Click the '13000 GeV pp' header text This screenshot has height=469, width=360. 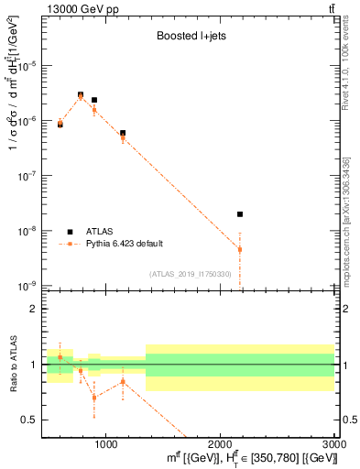coord(73,8)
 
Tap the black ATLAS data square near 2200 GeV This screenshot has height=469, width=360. coord(240,214)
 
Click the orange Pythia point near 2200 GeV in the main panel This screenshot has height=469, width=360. coord(240,249)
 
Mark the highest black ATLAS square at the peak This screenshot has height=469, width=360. coord(81,94)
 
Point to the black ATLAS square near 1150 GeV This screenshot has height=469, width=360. coord(123,133)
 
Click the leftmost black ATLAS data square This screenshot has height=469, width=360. coord(60,124)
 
